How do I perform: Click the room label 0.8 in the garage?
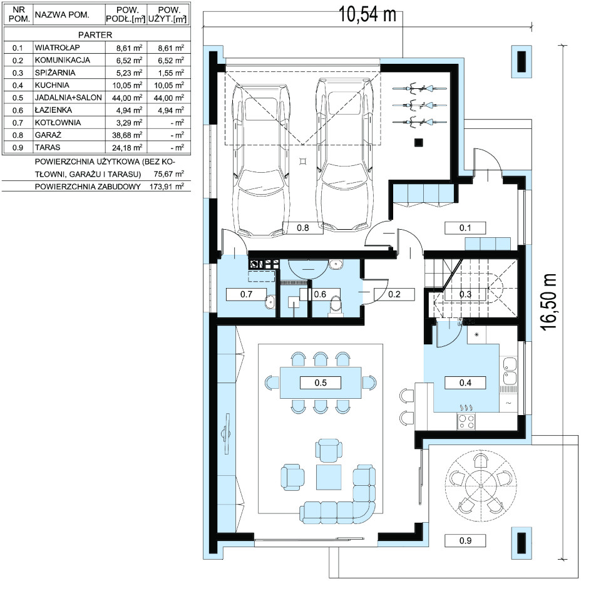point(303,228)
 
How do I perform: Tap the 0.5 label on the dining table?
point(321,383)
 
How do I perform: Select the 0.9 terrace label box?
point(465,540)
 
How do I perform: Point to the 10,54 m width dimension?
point(367,14)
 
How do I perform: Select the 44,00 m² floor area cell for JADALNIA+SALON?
point(127,98)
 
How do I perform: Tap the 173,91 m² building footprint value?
point(167,187)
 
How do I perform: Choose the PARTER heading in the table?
point(95,35)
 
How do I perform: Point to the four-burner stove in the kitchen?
point(466,421)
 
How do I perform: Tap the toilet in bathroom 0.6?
point(335,304)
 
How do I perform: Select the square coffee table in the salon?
point(329,477)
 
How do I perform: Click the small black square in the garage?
point(418,143)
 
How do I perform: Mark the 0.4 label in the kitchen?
point(465,383)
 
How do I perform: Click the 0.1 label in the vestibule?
point(465,228)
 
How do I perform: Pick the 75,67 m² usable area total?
point(168,174)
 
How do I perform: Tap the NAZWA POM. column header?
point(62,15)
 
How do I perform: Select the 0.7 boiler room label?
point(246,294)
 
